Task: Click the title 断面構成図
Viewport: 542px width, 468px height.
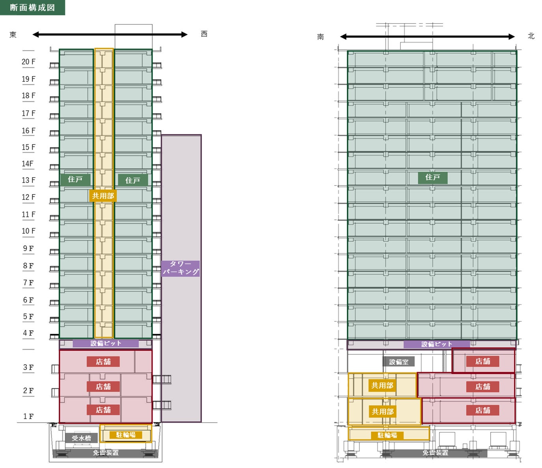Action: tap(32, 7)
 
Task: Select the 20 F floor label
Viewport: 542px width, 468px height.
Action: tap(28, 62)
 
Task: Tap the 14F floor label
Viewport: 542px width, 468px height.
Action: tap(28, 164)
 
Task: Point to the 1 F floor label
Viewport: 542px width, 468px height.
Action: tap(28, 416)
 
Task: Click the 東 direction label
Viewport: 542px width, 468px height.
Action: tap(13, 35)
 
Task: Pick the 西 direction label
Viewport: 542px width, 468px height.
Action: tap(204, 34)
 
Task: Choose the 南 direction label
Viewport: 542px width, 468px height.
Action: tap(320, 37)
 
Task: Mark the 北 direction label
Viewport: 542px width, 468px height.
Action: tap(531, 36)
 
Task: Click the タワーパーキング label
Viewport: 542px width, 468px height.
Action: tap(181, 268)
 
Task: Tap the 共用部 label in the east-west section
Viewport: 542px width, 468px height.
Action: tap(103, 196)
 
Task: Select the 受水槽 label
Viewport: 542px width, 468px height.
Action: tap(82, 438)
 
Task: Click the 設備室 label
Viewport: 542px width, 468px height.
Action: tap(399, 362)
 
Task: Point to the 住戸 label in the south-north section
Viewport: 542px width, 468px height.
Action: tap(433, 178)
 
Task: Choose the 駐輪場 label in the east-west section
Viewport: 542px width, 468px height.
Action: tap(126, 435)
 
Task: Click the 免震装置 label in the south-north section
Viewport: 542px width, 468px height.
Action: tap(435, 453)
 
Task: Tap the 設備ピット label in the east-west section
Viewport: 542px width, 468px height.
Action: tap(106, 343)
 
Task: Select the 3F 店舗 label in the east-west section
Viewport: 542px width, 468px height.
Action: tap(103, 361)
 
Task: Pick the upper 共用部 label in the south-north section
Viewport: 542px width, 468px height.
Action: tap(382, 386)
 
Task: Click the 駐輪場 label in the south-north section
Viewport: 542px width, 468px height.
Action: tap(387, 435)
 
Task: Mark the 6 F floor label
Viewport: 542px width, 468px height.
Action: tap(28, 300)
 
